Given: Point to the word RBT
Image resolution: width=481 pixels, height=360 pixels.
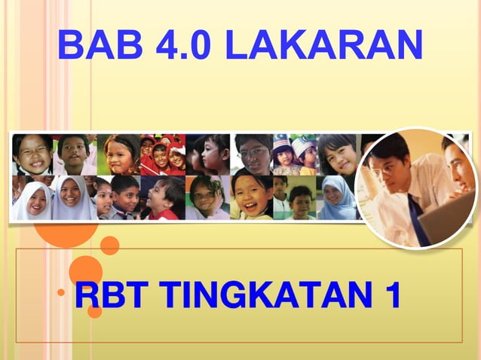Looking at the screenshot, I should pyautogui.click(x=113, y=296).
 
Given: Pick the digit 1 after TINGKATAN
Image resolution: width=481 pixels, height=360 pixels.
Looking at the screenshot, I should pyautogui.click(x=391, y=296).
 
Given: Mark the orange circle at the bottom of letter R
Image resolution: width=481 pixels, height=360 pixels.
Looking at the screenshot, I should pyautogui.click(x=94, y=311).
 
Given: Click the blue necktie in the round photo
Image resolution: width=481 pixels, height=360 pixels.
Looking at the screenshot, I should pyautogui.click(x=416, y=218).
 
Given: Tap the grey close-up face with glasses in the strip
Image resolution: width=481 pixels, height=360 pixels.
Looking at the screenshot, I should pyautogui.click(x=253, y=154).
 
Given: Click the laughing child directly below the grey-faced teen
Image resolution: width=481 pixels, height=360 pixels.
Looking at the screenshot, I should pyautogui.click(x=252, y=197).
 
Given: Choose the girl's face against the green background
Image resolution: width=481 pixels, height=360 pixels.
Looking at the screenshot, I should pyautogui.click(x=203, y=197).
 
